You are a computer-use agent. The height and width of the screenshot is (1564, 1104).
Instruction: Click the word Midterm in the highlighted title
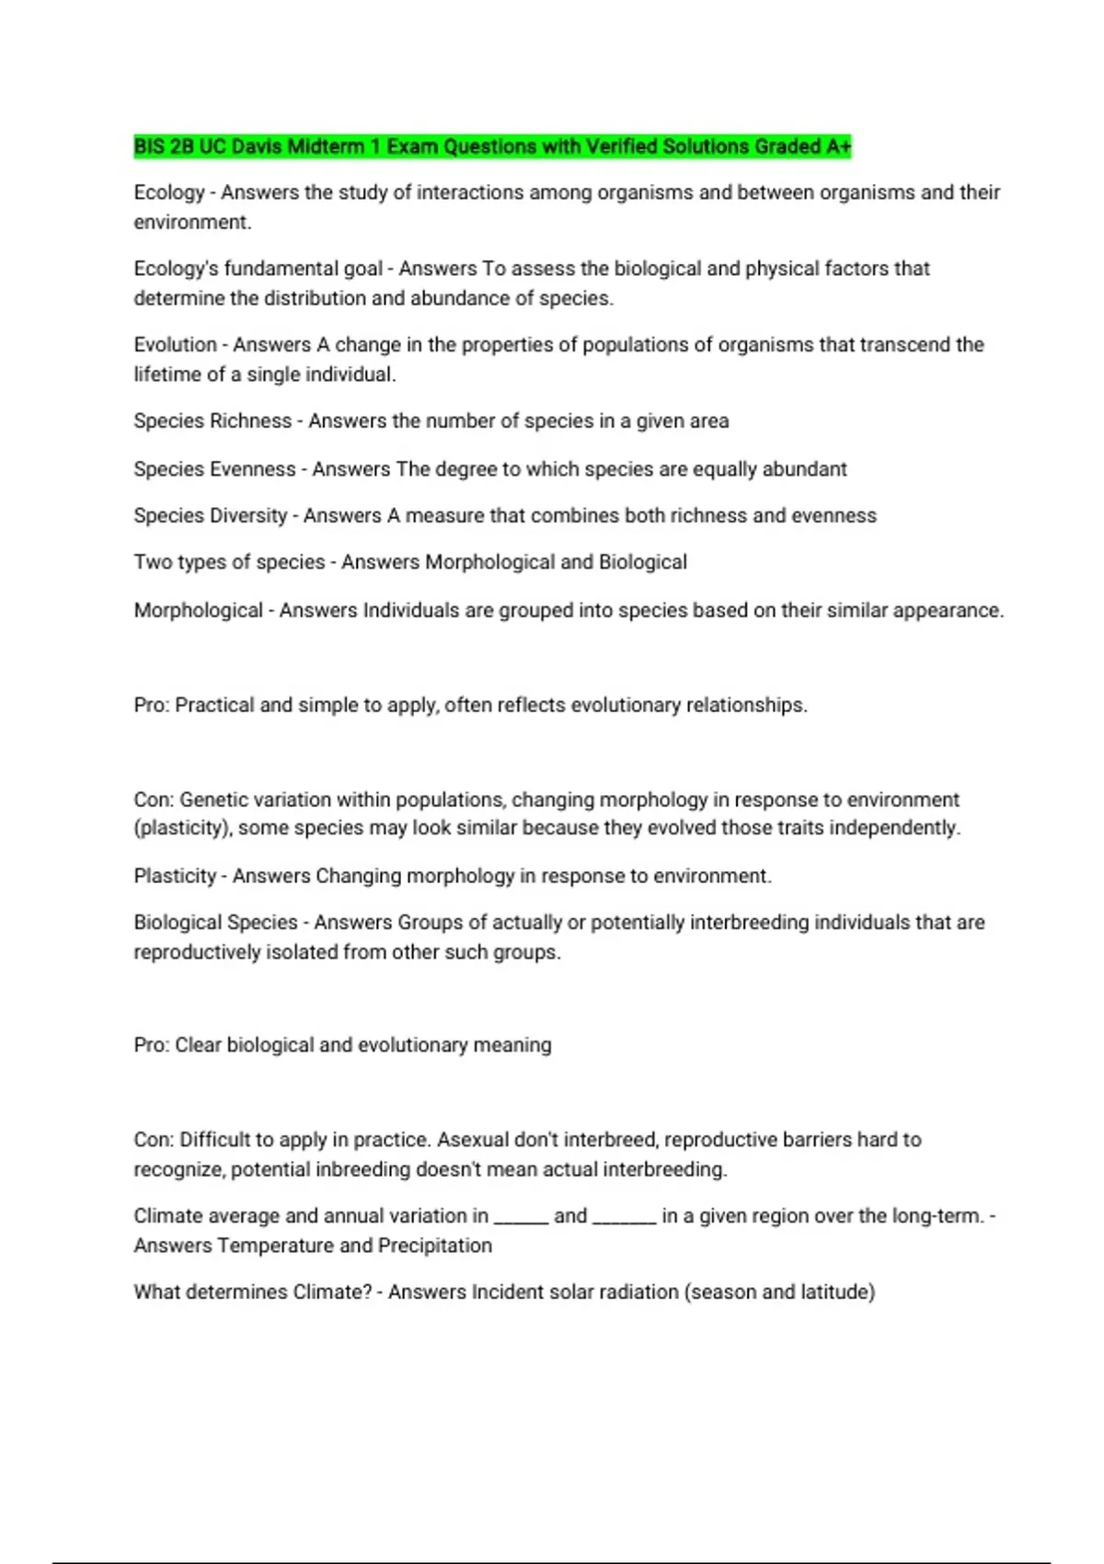pyautogui.click(x=327, y=146)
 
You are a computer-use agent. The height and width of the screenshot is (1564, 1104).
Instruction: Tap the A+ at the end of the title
pyautogui.click(x=838, y=146)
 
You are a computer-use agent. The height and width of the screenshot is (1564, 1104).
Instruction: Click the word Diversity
pyautogui.click(x=248, y=515)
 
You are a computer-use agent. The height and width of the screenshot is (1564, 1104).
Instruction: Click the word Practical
pyautogui.click(x=214, y=705)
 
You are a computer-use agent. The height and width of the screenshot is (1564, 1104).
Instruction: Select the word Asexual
pyautogui.click(x=473, y=1140)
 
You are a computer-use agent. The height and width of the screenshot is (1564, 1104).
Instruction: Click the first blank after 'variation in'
pyautogui.click(x=521, y=1216)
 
